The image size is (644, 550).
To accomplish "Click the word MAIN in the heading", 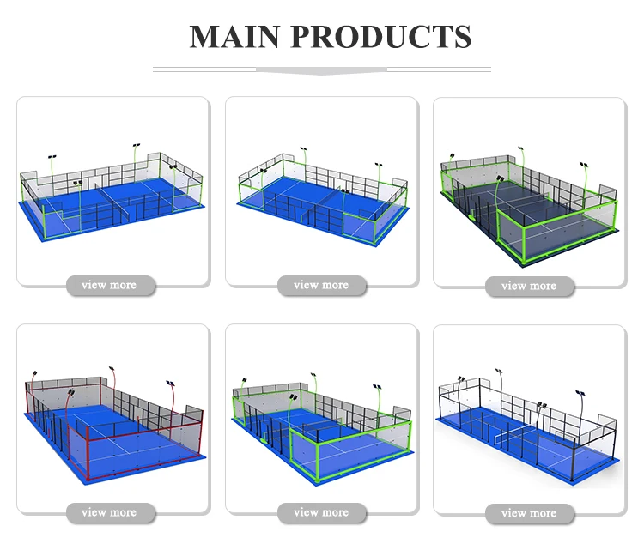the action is [x=234, y=37].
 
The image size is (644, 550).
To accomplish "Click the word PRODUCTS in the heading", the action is [x=378, y=37].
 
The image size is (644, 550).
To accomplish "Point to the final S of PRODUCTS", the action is [x=462, y=37].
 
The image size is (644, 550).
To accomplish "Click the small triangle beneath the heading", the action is [x=321, y=70].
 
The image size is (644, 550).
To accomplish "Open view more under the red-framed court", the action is [x=109, y=512].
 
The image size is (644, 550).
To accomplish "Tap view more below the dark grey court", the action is [x=529, y=286].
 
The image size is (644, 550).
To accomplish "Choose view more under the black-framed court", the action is [x=529, y=513].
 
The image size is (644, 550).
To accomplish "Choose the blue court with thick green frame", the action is [x=320, y=425].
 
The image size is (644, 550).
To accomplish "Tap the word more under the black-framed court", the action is [x=543, y=513].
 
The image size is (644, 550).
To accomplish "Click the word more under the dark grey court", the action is [x=543, y=286].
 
